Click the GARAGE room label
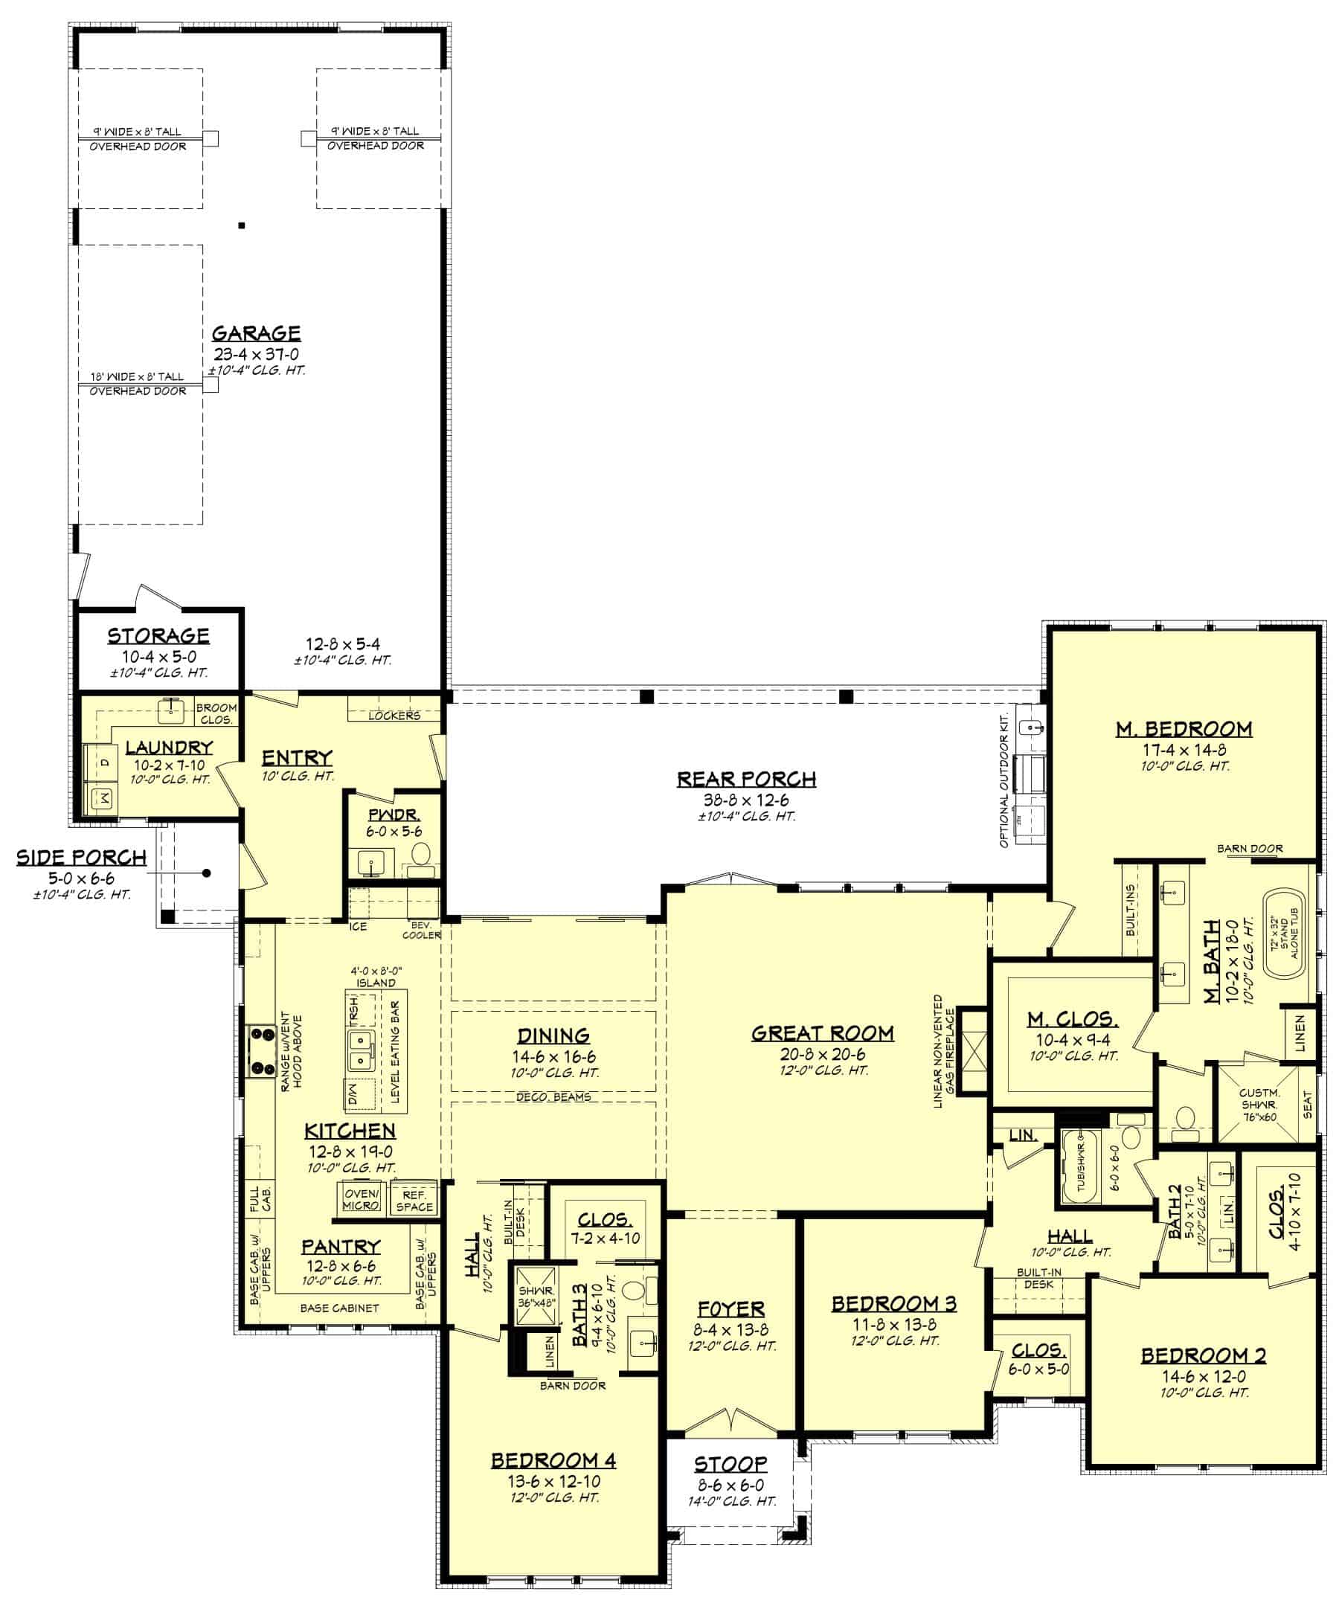tap(255, 333)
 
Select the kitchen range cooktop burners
tap(262, 1052)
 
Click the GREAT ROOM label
tap(822, 1033)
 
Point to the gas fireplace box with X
tap(974, 1053)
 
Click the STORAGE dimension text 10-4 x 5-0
tap(159, 657)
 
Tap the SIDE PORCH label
tap(81, 858)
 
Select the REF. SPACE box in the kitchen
tap(414, 1200)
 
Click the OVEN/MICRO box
tap(361, 1199)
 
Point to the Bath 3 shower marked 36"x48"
tap(536, 1296)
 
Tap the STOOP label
tap(730, 1464)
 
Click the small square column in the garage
tap(242, 225)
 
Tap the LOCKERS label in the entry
tap(394, 716)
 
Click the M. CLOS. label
tap(1072, 1018)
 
